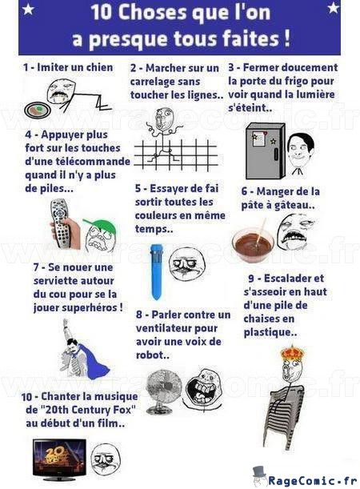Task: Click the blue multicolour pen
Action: (155, 271)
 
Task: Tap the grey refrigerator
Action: (265, 151)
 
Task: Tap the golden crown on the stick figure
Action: (292, 353)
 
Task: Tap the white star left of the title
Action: (28, 10)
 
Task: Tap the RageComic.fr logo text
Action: (312, 480)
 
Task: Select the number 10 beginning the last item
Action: (26, 397)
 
